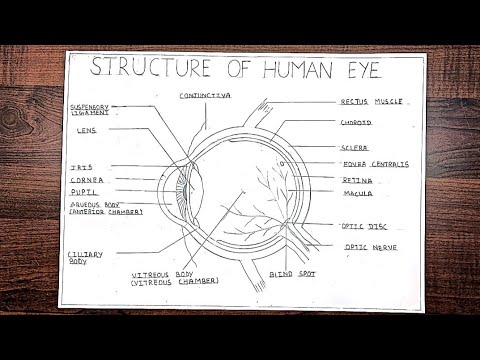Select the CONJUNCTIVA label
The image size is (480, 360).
[x=205, y=95]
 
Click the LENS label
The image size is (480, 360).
[x=86, y=130]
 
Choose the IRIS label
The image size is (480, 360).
[x=81, y=166]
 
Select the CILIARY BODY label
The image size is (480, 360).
[x=85, y=258]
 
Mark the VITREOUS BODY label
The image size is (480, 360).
[x=176, y=277]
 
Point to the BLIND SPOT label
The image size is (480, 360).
[x=293, y=272]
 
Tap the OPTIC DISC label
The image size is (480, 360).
[x=364, y=226]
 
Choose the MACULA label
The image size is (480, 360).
[x=358, y=193]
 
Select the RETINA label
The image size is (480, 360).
[x=357, y=179]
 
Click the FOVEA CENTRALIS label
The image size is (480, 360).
[x=374, y=164]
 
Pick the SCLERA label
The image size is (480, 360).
[x=355, y=147]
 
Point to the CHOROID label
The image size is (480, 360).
[x=356, y=123]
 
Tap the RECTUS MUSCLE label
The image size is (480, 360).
[x=373, y=101]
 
